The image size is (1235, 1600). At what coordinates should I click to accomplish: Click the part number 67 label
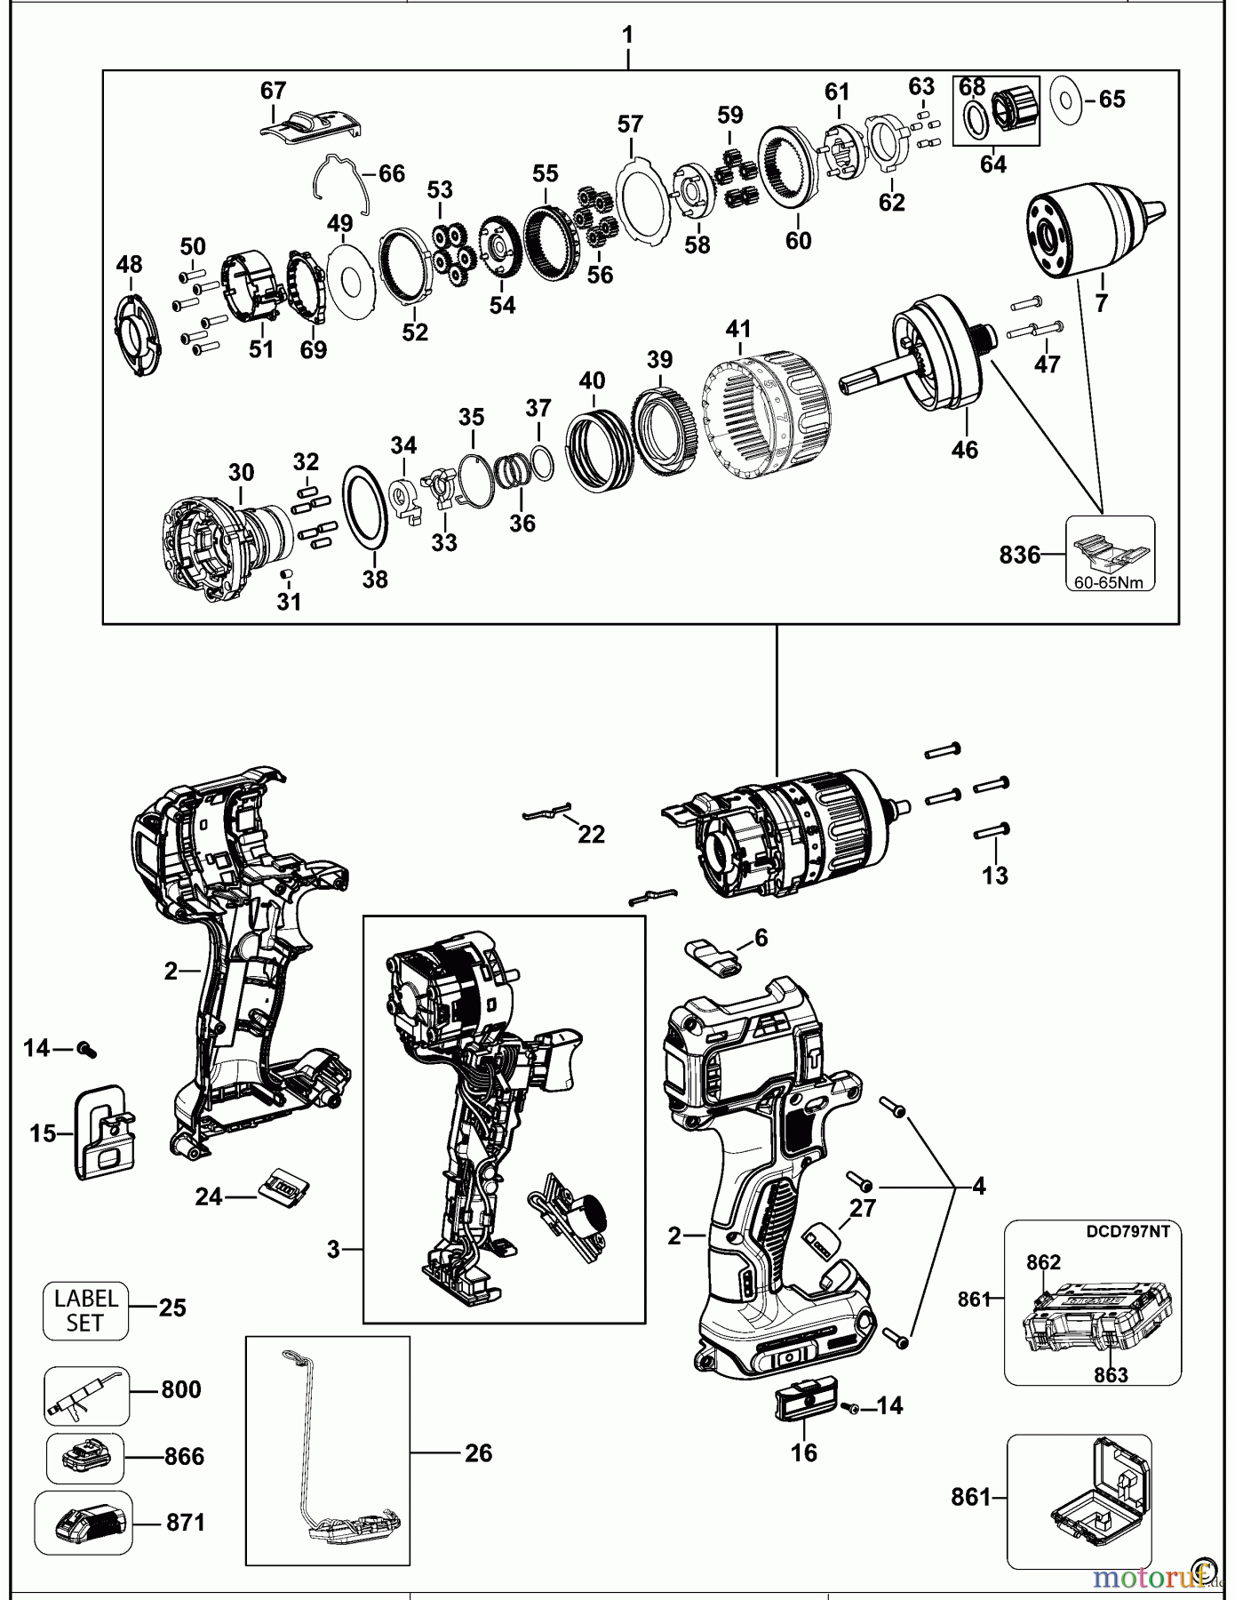(273, 91)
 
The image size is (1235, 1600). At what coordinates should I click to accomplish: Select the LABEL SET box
(85, 1310)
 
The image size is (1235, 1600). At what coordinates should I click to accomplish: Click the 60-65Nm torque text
(1111, 582)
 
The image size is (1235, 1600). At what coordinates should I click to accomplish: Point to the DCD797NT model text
(1126, 1232)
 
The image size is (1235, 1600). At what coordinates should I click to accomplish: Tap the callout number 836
(1019, 556)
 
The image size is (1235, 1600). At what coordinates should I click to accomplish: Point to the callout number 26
(478, 1453)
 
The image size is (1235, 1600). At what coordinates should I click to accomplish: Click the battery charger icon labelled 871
(83, 1523)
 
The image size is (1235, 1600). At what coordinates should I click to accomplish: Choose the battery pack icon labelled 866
(84, 1457)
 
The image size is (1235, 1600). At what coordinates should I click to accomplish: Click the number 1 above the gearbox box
(627, 36)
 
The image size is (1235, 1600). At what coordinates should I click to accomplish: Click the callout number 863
(1111, 1375)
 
